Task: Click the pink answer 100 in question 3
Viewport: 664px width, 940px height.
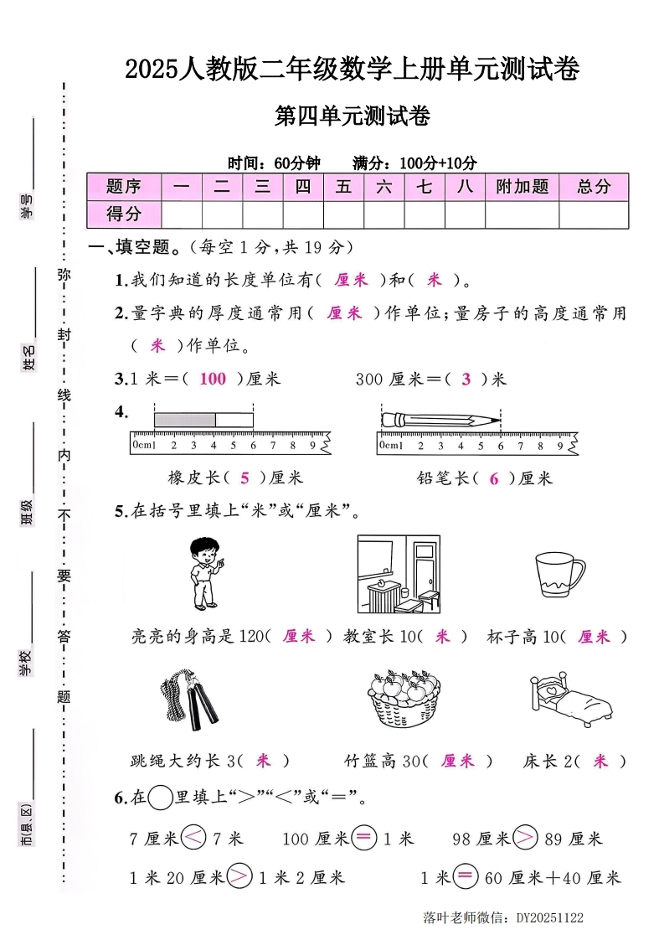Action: coord(213,379)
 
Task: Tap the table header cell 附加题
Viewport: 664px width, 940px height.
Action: coord(522,187)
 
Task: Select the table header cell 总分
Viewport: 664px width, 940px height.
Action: coord(594,187)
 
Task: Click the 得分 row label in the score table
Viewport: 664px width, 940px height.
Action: coord(124,214)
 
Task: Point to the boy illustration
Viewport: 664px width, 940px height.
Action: coord(204,573)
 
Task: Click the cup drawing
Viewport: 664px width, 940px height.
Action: coord(558,576)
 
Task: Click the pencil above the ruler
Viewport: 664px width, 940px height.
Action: coord(440,419)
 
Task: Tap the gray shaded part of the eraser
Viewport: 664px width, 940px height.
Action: coord(184,419)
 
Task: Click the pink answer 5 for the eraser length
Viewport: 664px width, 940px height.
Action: coord(244,478)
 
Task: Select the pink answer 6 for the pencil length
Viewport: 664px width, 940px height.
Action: coord(494,478)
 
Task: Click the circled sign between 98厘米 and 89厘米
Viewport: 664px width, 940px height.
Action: coord(525,838)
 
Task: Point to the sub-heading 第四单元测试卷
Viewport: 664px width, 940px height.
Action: coord(353,116)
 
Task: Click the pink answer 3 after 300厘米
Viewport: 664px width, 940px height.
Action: coord(466,379)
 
